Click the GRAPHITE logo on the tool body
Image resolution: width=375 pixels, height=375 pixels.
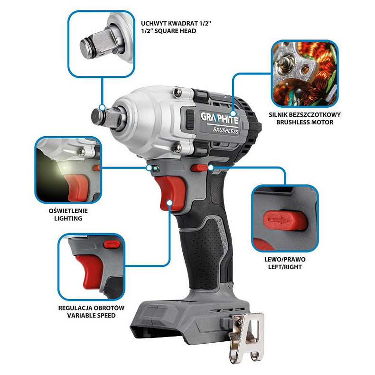coord(220,118)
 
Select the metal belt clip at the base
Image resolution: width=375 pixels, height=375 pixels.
coord(246,337)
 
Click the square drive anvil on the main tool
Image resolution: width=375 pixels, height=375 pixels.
coord(109,119)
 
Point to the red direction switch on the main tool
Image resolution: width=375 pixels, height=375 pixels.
coord(199,168)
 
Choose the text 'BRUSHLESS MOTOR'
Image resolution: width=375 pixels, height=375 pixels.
coord(304,122)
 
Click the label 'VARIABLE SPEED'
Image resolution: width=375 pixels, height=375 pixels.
coord(91,316)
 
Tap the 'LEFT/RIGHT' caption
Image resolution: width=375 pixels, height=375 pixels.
coord(285,267)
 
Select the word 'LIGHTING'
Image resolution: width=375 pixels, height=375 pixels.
coord(68,218)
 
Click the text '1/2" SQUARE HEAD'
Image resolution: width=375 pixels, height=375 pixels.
coord(169,31)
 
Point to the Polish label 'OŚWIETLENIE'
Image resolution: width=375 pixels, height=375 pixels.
coord(68,211)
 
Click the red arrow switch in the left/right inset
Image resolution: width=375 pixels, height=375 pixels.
coord(285,220)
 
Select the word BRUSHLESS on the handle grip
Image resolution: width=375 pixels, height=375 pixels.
coord(222,234)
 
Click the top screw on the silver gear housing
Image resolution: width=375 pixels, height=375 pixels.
coord(177,92)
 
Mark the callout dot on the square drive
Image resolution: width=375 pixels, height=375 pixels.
coord(102,107)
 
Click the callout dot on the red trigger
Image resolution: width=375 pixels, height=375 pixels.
coord(169,203)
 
